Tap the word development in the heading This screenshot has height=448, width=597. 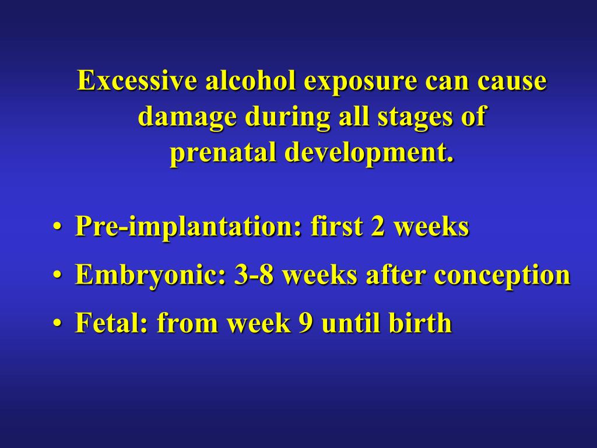(368, 153)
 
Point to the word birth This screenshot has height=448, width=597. (423, 323)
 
